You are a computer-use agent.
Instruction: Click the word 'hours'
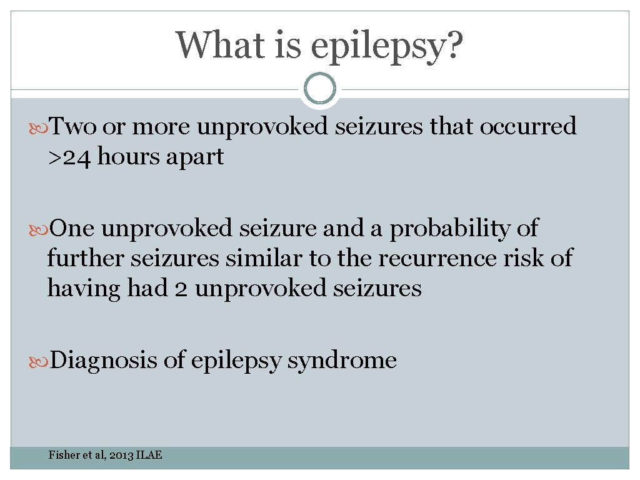click(x=128, y=157)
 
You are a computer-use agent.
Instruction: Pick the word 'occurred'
click(x=528, y=127)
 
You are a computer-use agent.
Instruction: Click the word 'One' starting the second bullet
click(x=72, y=228)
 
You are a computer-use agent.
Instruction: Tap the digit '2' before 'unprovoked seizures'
click(x=180, y=288)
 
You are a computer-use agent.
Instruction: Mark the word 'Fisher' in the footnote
click(x=64, y=455)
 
